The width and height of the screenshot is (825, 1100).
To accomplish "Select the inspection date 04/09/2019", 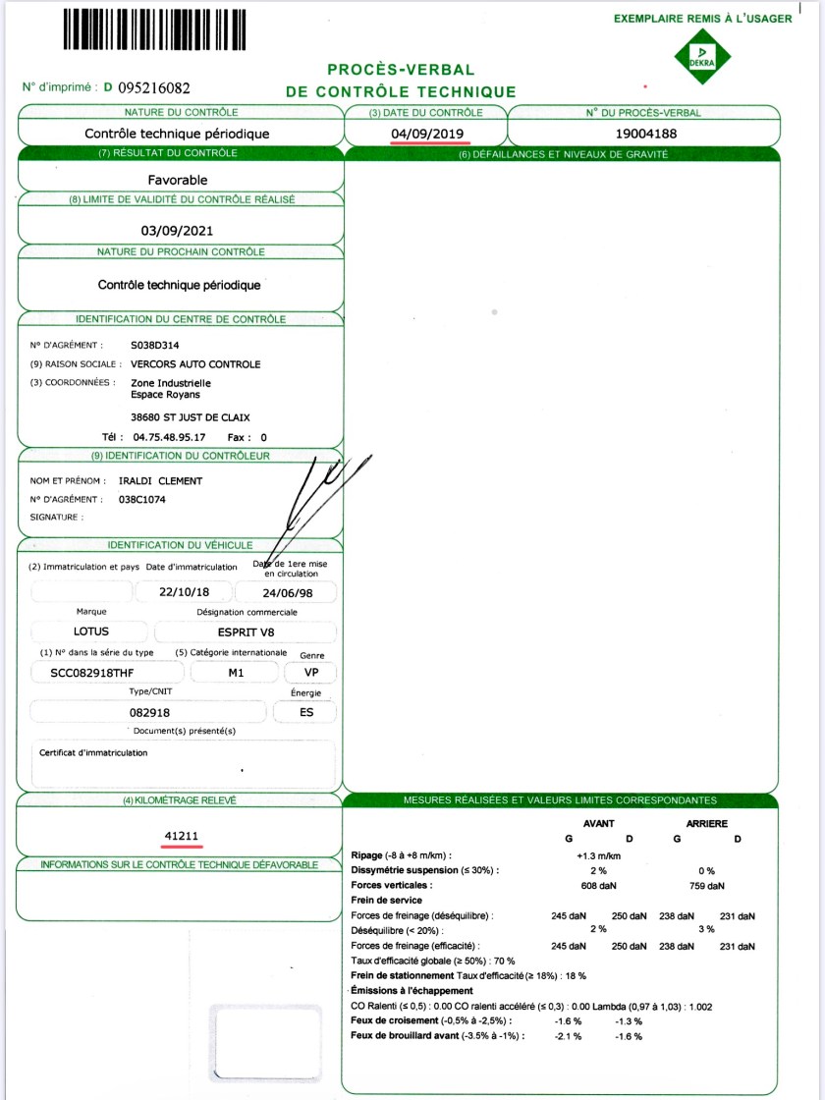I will (427, 134).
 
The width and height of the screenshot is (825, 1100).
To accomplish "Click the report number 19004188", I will (644, 134).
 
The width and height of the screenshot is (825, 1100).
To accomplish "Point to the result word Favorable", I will (178, 181).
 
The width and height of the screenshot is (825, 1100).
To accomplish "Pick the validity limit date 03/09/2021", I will (178, 232).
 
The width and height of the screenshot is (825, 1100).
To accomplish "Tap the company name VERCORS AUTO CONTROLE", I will (195, 364).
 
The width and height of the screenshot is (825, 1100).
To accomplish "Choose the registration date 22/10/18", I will (184, 592).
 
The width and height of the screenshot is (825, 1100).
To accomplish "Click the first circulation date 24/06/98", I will (287, 592).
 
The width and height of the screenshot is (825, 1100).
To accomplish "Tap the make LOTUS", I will (91, 632).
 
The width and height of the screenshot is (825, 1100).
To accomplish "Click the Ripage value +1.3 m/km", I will (600, 855).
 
